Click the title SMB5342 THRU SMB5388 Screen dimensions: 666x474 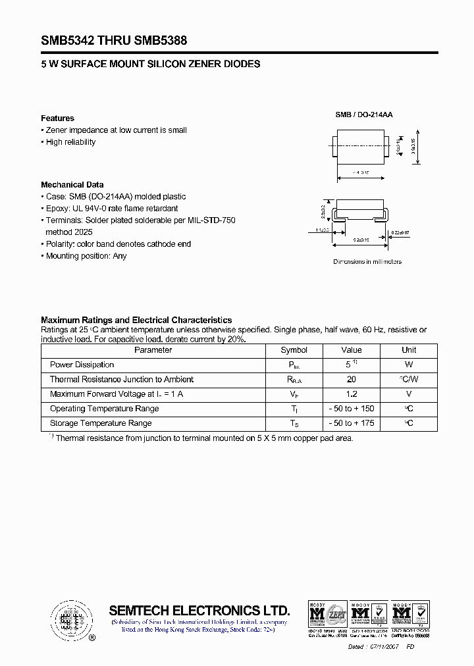click(114, 41)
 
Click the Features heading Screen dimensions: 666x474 click(57, 118)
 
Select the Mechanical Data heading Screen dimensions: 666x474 click(72, 185)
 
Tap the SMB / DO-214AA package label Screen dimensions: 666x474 click(364, 115)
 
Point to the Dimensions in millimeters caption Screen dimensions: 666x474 click(367, 262)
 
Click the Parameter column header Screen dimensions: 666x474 click(153, 350)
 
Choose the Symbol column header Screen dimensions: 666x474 click(294, 350)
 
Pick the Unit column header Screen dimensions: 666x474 click(409, 350)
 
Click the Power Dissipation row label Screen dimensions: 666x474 click(82, 365)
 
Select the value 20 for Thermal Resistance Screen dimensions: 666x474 click(352, 380)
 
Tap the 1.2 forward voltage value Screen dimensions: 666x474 click(352, 394)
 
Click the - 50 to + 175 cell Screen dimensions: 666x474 click(352, 423)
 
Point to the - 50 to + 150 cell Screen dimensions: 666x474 click(352, 409)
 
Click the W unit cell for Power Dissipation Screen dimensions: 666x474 click(409, 365)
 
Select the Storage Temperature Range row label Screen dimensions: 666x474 click(101, 423)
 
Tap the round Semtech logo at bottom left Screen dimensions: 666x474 click(69, 619)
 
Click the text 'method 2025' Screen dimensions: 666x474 click(68, 232)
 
